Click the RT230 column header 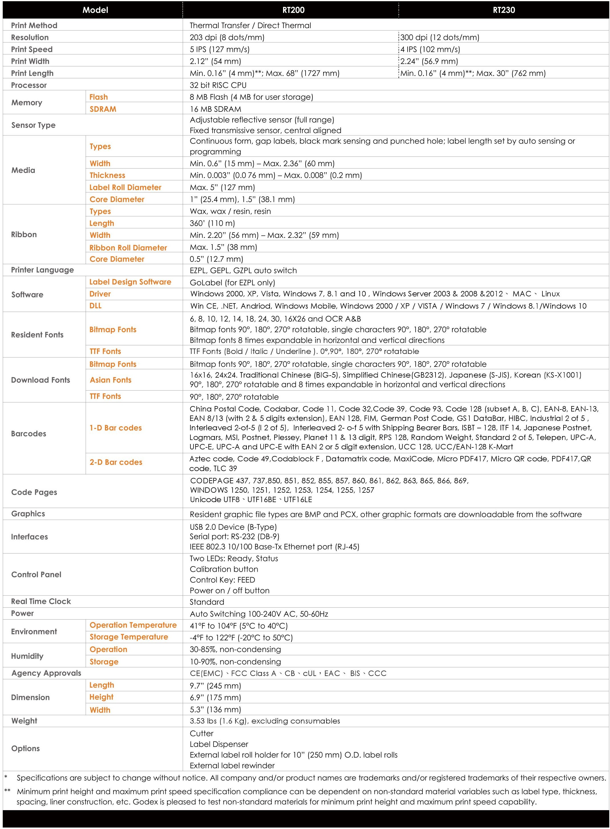504,10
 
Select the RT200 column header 293,10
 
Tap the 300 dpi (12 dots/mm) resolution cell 440,37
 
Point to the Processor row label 29,85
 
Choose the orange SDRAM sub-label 103,109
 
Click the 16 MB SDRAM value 215,109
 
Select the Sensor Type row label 33,125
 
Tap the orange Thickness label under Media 107,175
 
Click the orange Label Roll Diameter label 125,188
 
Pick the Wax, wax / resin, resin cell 230,211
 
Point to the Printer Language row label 42,270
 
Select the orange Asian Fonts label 110,380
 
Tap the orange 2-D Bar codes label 115,462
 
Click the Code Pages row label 34,492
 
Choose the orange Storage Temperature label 129,637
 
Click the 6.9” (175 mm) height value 215,698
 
